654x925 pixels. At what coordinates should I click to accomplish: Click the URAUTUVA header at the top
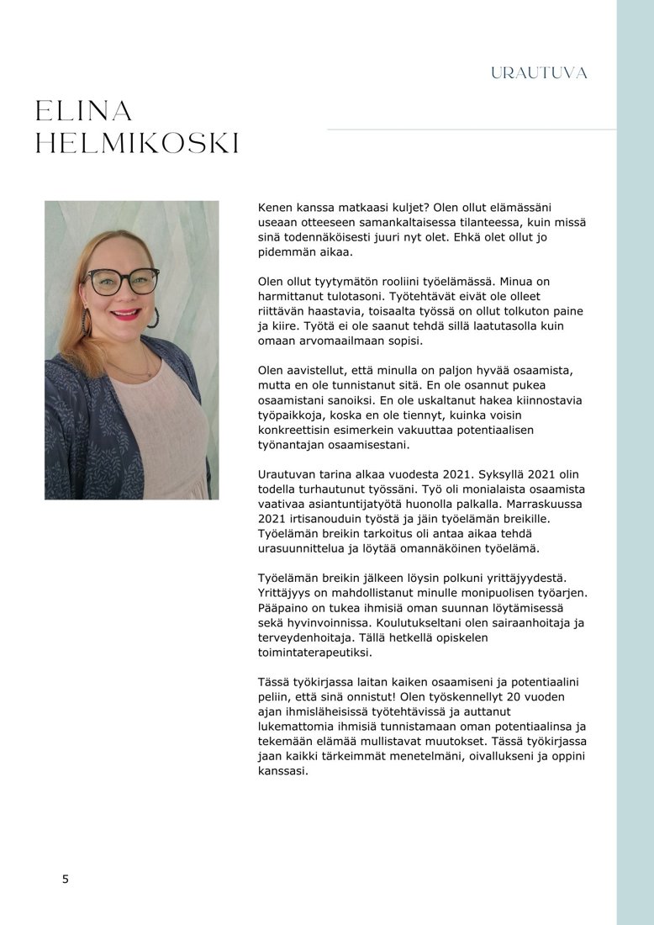539,73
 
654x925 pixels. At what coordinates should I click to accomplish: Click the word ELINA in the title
84,111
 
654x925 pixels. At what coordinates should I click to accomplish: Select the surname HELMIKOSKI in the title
138,144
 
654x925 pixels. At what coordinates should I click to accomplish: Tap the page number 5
66,880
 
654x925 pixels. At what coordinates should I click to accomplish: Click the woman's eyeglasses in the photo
123,280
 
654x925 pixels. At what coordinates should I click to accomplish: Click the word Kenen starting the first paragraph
277,207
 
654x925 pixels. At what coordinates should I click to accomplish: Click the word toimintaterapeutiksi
314,652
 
